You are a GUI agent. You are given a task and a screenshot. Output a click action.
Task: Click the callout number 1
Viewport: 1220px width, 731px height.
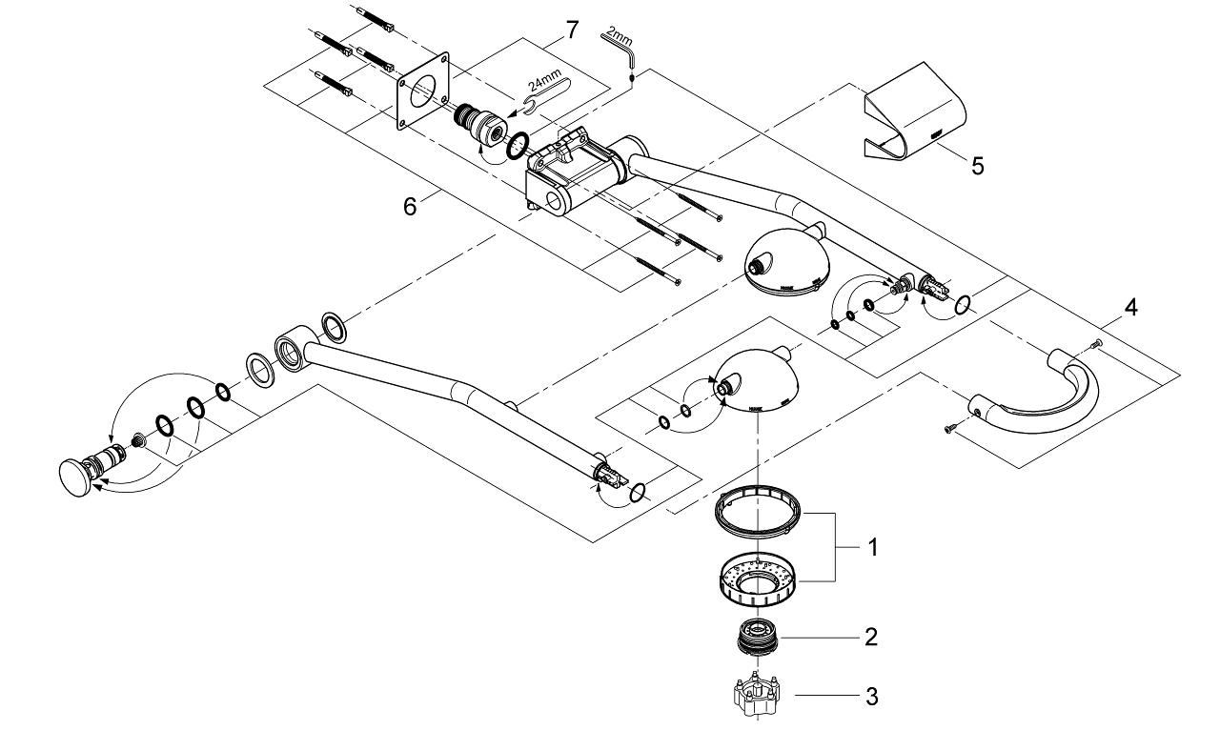point(872,549)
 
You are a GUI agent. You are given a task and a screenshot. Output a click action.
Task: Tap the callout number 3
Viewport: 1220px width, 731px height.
point(870,697)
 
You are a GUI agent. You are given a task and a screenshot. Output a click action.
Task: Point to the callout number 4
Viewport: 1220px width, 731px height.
point(1129,308)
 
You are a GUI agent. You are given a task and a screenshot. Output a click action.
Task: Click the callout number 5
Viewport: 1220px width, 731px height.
point(977,166)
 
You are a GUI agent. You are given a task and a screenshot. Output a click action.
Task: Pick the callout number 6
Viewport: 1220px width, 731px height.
point(410,206)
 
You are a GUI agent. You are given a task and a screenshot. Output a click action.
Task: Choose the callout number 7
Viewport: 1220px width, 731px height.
point(571,30)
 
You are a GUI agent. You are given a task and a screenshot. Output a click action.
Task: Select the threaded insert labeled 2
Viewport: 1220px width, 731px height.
point(758,637)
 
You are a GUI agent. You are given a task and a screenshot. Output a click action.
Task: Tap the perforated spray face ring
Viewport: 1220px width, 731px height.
point(758,577)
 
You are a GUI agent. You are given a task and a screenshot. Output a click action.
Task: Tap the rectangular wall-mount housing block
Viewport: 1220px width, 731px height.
point(571,176)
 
